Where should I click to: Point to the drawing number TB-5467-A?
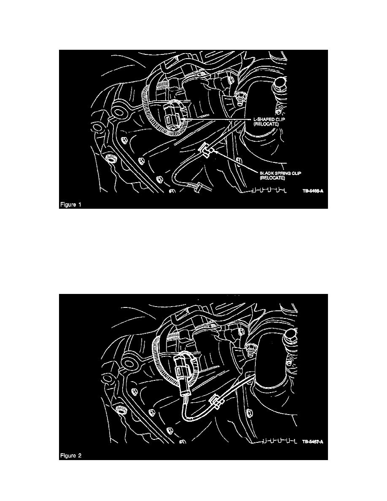(312, 442)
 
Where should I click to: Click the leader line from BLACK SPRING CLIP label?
(236, 162)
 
